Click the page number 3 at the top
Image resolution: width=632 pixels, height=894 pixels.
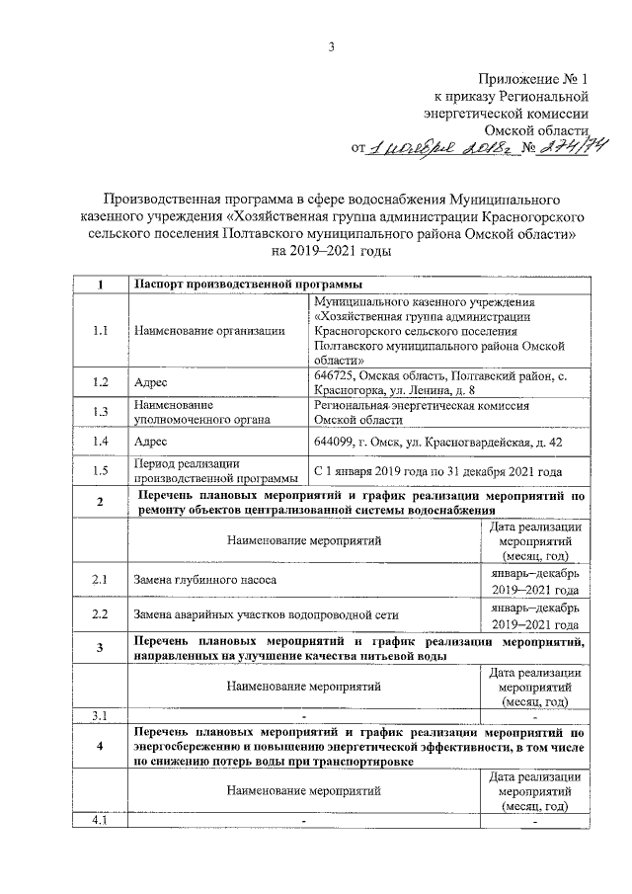[332, 46]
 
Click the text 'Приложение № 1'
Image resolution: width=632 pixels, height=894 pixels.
[533, 78]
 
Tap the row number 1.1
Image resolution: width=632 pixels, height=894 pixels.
[100, 331]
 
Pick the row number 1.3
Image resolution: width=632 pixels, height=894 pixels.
[100, 412]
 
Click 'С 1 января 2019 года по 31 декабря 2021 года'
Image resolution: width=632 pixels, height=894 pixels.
[437, 471]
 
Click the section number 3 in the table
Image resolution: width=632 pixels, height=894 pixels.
[100, 648]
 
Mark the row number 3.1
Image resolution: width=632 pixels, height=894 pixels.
[100, 714]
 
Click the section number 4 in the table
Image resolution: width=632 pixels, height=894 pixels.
[100, 747]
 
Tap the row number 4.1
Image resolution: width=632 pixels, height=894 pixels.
[100, 821]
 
